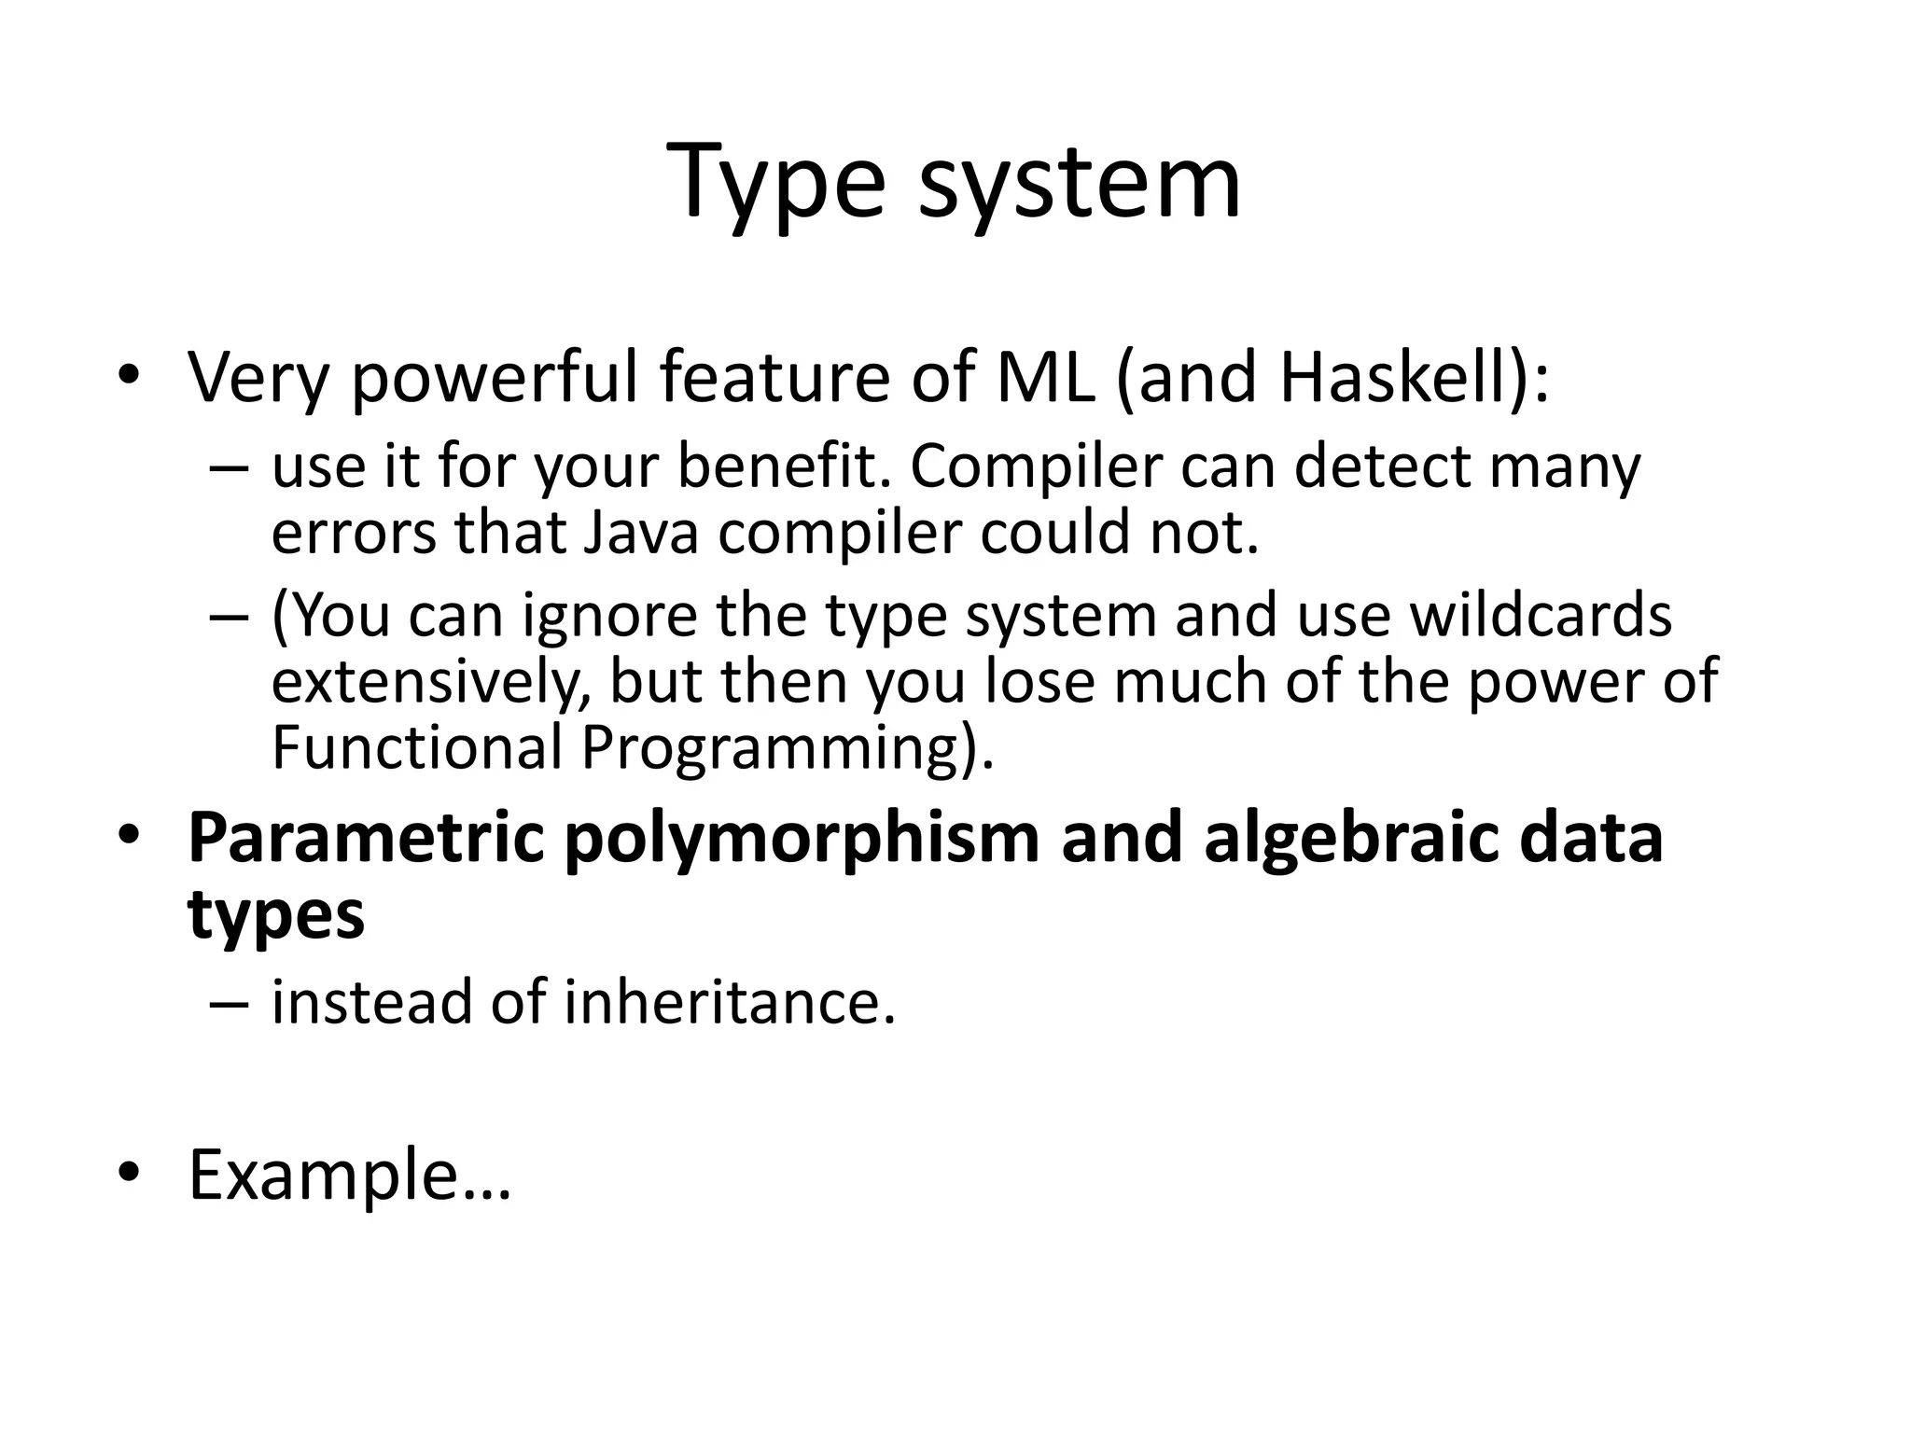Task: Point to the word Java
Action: [641, 533]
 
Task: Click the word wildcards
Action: [1541, 616]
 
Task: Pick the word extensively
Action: [430, 682]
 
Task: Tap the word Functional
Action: [417, 748]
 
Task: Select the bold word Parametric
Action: [366, 838]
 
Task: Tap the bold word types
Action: [276, 915]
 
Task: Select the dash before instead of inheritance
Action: [230, 1004]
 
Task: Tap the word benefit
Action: [780, 466]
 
